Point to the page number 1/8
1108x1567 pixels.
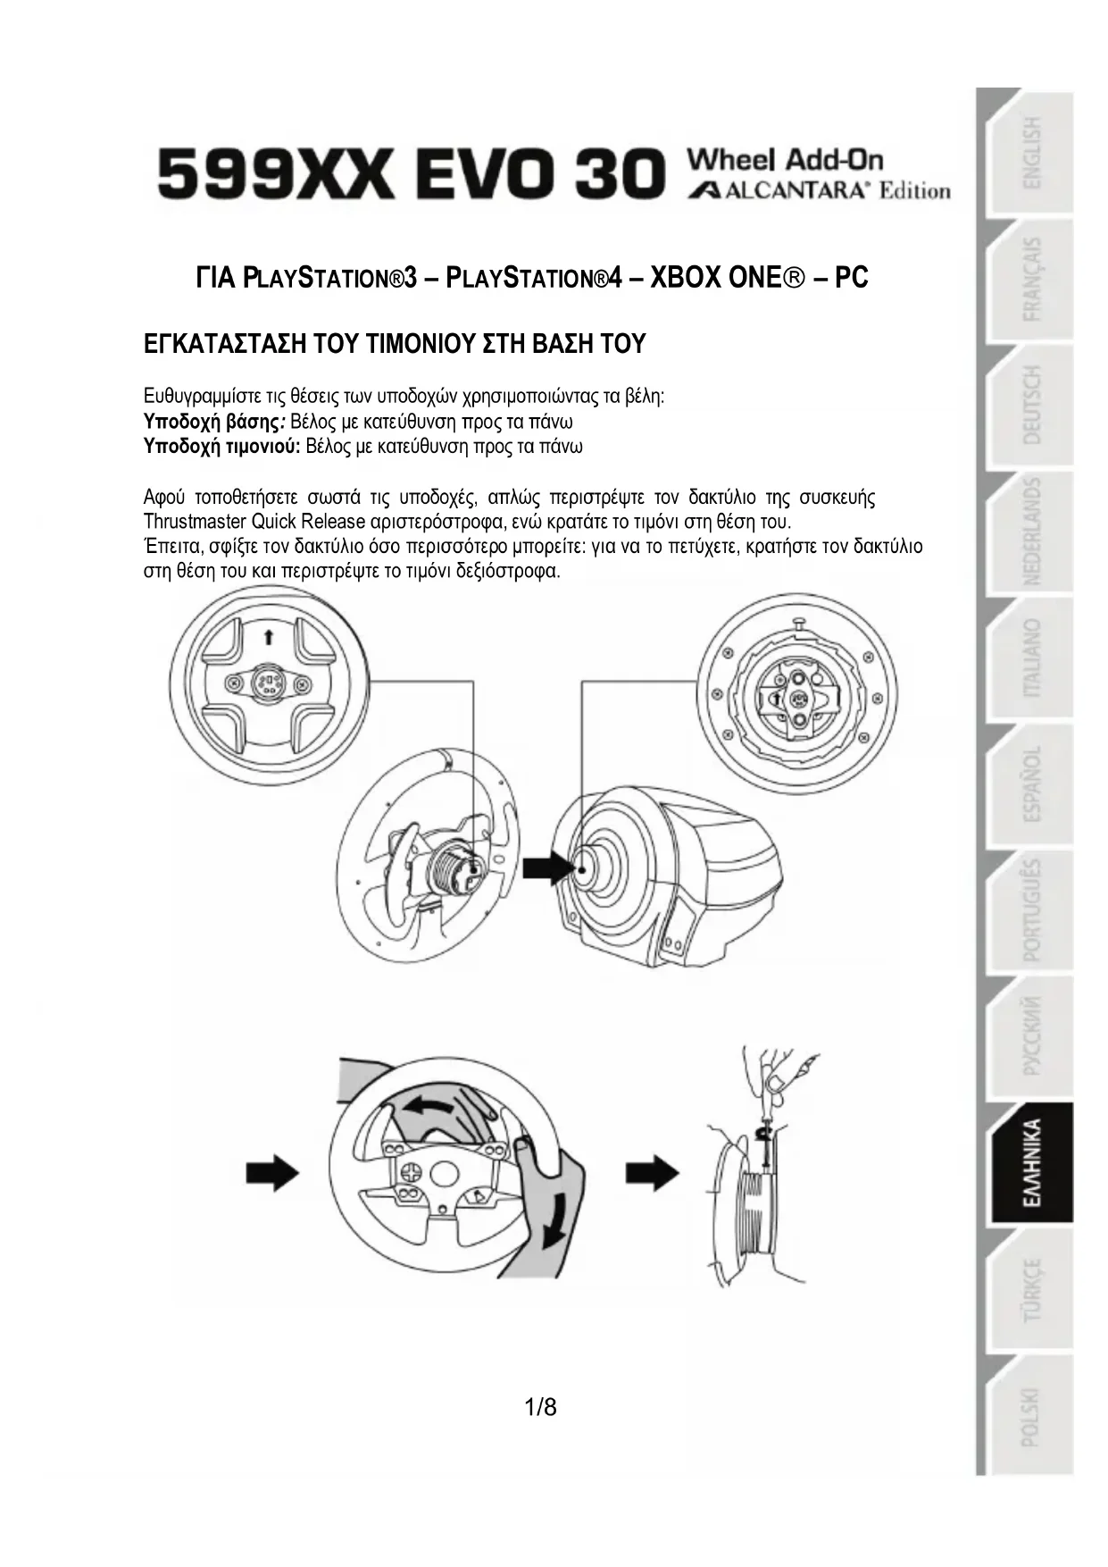coord(540,1407)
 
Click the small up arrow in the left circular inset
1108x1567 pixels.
coord(268,636)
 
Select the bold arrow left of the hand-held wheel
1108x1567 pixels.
coord(272,1171)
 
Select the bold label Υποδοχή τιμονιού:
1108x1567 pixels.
coord(221,446)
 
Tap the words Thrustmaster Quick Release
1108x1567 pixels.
coord(254,521)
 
